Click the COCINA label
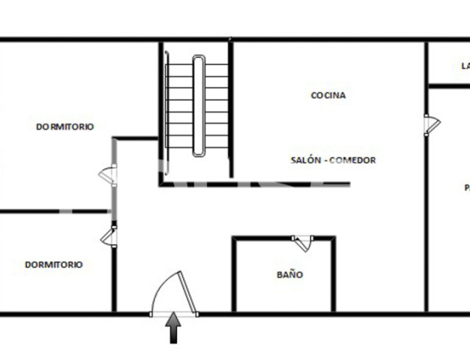(x=328, y=95)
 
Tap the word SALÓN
(x=305, y=160)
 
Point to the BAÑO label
(x=289, y=275)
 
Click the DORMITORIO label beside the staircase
(x=65, y=127)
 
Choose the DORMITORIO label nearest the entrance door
(x=53, y=265)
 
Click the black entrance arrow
(x=173, y=328)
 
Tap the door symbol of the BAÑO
(x=302, y=243)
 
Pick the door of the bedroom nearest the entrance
(x=109, y=236)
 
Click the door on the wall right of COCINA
(x=431, y=124)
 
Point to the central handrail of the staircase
(x=198, y=106)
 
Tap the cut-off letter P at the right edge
(x=466, y=188)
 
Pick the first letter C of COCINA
(x=314, y=95)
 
